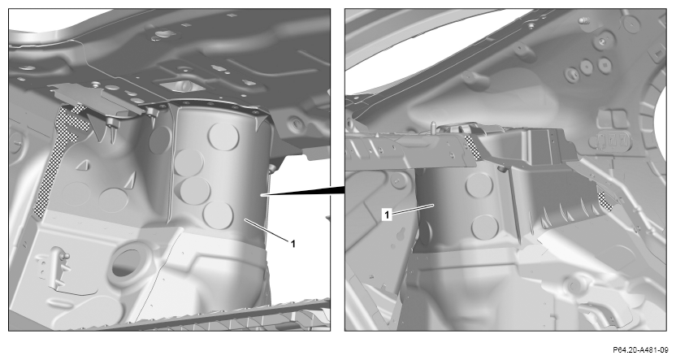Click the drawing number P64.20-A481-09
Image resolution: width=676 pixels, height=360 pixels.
pos(640,349)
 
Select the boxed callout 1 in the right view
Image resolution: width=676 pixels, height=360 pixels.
pos(387,215)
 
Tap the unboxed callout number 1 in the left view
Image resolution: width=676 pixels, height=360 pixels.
pos(293,244)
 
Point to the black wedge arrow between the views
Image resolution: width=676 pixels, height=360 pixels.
pos(302,191)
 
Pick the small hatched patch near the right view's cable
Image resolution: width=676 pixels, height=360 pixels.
pos(605,201)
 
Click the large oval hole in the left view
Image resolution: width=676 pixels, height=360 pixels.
pos(127,263)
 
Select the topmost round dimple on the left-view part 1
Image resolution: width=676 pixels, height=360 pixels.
pos(223,137)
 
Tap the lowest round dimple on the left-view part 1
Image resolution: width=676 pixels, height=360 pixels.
pos(218,215)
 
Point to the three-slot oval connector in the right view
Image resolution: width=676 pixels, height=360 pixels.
pos(611,140)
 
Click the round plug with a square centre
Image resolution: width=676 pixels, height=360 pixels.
pos(604,64)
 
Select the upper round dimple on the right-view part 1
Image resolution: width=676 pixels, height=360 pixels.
pos(479,185)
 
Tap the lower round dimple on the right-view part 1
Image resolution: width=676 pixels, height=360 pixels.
pos(485,228)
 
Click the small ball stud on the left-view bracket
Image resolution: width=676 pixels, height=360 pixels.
pos(66,257)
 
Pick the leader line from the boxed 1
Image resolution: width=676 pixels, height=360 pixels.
pos(413,210)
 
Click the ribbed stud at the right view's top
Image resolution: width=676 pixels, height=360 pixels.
pos(584,20)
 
